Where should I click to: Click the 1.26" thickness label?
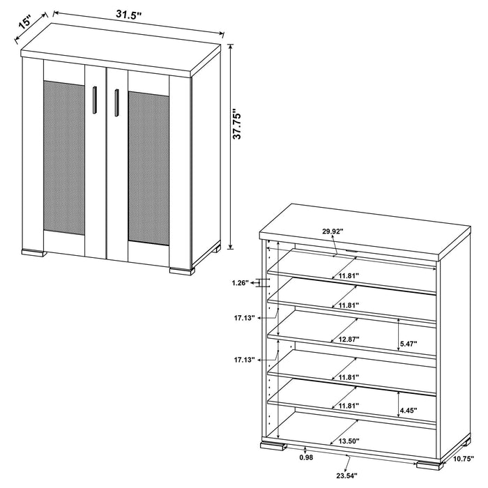[239, 283]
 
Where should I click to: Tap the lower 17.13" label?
[246, 360]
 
